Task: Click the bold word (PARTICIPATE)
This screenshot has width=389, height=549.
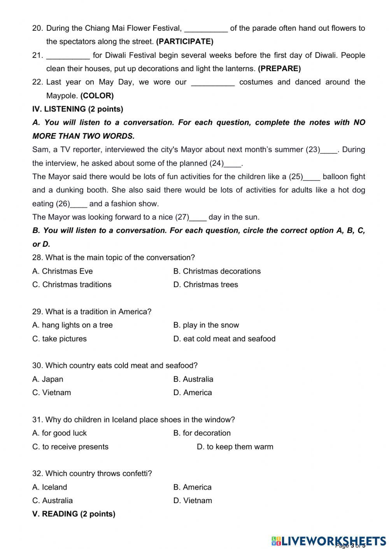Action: click(x=184, y=42)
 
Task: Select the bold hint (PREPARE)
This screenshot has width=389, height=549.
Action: click(x=279, y=69)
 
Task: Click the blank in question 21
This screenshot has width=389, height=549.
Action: click(x=68, y=56)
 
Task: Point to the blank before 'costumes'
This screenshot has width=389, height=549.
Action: click(x=213, y=83)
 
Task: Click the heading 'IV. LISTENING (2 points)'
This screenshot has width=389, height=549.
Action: click(x=78, y=109)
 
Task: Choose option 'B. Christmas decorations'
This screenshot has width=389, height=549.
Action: click(x=217, y=271)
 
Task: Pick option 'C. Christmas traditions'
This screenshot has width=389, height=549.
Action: click(x=72, y=285)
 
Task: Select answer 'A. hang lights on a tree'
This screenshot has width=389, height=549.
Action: click(x=72, y=325)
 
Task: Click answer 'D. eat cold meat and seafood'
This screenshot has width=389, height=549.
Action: click(x=224, y=339)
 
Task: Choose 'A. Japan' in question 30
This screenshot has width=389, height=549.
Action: click(x=48, y=379)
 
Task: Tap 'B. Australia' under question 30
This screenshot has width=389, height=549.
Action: click(x=193, y=379)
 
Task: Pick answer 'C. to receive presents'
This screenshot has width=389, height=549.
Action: click(x=70, y=447)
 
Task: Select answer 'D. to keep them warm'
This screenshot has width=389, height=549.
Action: click(x=235, y=447)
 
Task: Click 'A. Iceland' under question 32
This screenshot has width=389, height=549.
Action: click(x=50, y=487)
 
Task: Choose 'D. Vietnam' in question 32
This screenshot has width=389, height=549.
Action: click(x=193, y=501)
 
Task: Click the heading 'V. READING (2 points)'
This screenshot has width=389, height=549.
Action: click(x=74, y=514)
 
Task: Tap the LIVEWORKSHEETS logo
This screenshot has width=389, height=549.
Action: click(x=329, y=540)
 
